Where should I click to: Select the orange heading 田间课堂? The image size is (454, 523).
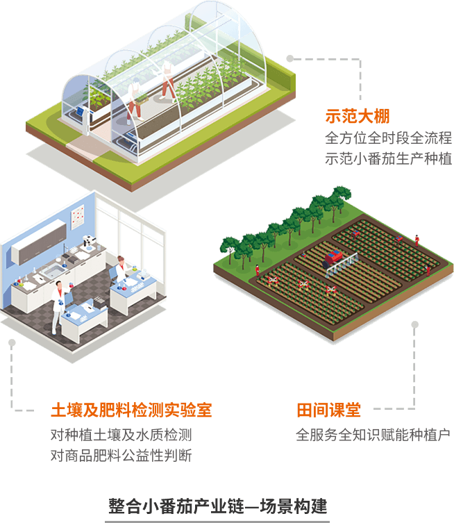click(328, 410)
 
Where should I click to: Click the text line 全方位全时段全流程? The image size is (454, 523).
click(388, 138)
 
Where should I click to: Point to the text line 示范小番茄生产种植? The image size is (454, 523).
click(388, 159)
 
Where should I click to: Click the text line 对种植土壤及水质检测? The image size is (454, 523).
click(121, 435)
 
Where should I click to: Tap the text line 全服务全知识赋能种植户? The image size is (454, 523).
click(373, 435)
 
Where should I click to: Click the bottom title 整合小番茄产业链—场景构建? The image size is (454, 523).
click(217, 505)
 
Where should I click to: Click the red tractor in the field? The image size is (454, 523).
click(336, 260)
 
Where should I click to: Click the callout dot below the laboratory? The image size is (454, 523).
click(11, 342)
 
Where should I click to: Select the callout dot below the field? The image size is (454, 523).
click(415, 323)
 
